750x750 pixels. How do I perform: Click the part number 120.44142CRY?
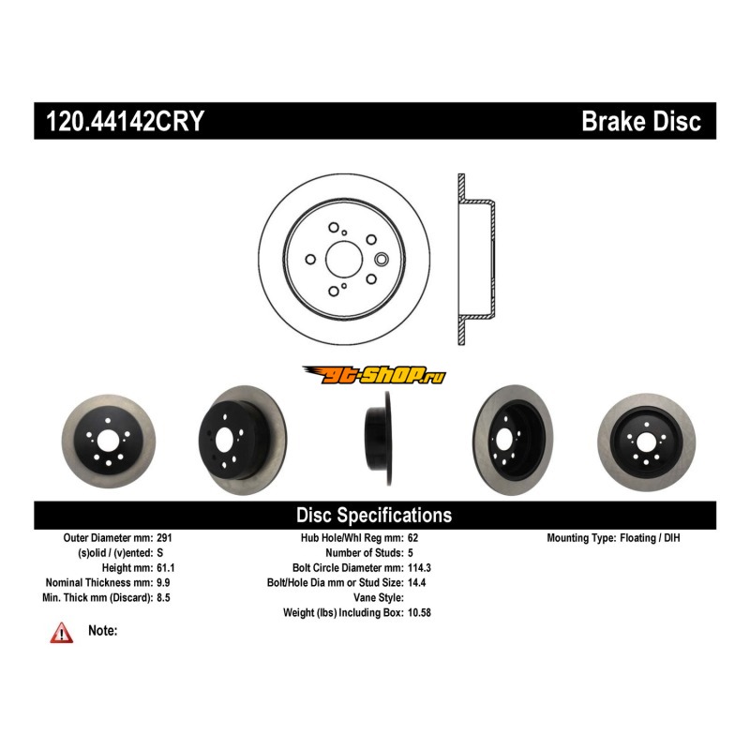[119, 122]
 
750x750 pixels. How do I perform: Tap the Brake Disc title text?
[640, 122]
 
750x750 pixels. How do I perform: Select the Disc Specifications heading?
[373, 515]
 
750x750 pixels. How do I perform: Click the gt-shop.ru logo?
[373, 375]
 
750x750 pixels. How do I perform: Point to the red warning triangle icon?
[62, 634]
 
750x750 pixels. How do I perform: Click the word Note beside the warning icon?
[102, 631]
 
